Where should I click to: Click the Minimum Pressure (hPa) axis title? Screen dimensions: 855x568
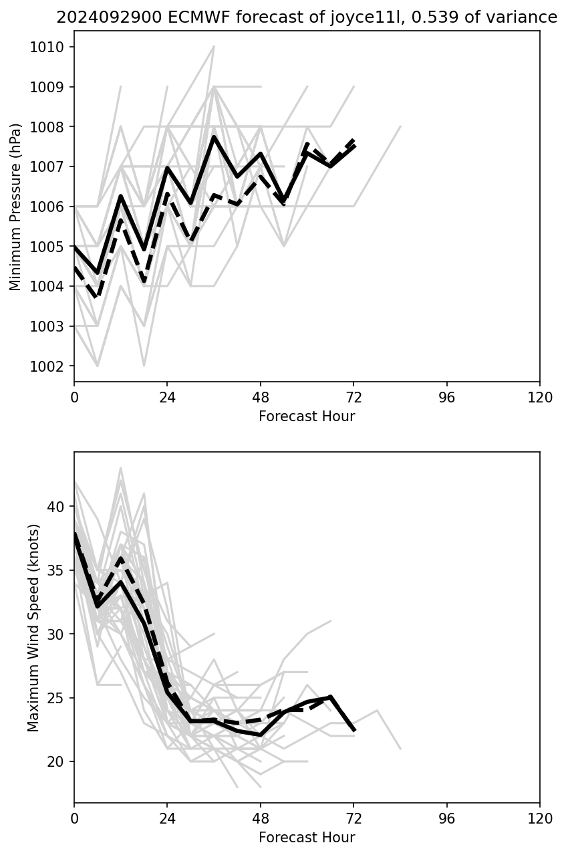pyautogui.click(x=16, y=207)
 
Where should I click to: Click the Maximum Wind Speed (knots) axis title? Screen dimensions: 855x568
pyautogui.click(x=33, y=627)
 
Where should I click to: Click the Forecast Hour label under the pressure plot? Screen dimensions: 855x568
pyautogui.click(x=307, y=416)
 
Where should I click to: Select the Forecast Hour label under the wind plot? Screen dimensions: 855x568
pyautogui.click(x=307, y=838)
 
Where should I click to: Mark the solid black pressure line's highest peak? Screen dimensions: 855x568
pyautogui.click(x=214, y=137)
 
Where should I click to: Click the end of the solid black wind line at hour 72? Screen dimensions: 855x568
pyautogui.click(x=353, y=730)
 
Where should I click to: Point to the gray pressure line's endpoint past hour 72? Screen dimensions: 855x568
pyautogui.click(x=400, y=126)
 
